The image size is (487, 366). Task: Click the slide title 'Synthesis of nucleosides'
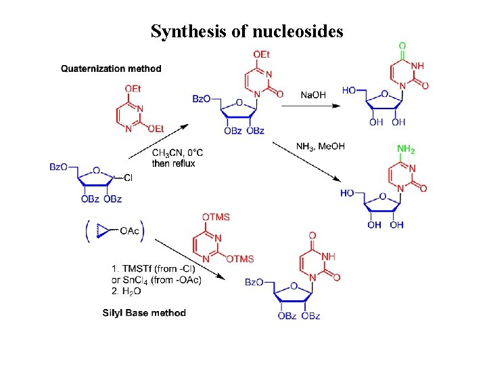click(x=247, y=31)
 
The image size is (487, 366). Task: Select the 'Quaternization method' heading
click(x=111, y=68)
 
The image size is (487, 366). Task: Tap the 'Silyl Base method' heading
click(x=144, y=312)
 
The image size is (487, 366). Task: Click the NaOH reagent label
click(x=312, y=95)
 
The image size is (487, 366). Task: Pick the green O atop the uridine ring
click(x=402, y=47)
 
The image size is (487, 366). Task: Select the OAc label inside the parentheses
click(x=130, y=231)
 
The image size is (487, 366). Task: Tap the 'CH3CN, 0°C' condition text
click(x=177, y=153)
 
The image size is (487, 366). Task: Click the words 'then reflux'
click(x=174, y=163)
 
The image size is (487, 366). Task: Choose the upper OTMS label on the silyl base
click(x=216, y=217)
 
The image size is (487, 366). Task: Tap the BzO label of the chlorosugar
click(x=60, y=167)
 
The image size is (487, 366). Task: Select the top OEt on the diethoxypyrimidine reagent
click(x=133, y=88)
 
